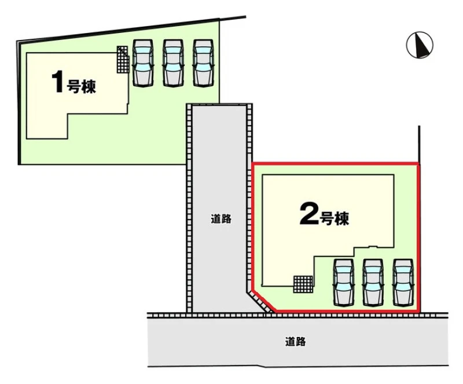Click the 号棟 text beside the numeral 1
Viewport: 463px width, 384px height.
coord(82,87)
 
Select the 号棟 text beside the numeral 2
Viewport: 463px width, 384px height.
coord(335,219)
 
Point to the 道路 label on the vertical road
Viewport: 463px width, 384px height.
coord(221,219)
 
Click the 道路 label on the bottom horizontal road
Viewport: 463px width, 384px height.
coord(295,342)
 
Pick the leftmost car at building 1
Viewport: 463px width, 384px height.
coord(142,63)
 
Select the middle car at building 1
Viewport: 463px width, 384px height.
coord(172,63)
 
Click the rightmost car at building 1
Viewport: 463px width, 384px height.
coord(203,63)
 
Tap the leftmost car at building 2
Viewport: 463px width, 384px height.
coord(343,281)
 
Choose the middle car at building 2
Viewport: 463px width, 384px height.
coord(373,281)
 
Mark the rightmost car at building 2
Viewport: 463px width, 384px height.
coord(403,281)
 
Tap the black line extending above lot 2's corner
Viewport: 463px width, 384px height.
coord(418,144)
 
